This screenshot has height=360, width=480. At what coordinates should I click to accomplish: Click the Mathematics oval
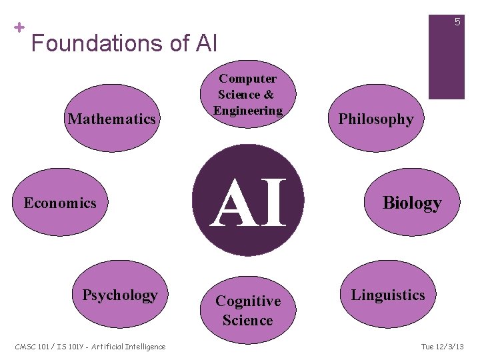113,119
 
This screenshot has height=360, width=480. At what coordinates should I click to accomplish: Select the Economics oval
60,203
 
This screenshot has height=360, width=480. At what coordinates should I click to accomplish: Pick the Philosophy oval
376,120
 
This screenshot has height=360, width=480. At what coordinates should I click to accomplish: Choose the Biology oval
411,203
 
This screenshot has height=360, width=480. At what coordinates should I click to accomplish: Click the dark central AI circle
248,201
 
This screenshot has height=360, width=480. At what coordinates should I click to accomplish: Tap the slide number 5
457,22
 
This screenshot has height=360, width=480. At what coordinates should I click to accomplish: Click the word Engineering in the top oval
248,110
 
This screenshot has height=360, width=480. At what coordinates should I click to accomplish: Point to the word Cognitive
248,302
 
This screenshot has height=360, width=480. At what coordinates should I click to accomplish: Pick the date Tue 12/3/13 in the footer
443,346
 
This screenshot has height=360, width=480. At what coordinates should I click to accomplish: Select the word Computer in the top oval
248,79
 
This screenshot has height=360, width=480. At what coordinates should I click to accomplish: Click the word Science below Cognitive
248,321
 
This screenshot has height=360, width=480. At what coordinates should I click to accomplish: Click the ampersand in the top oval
269,95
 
